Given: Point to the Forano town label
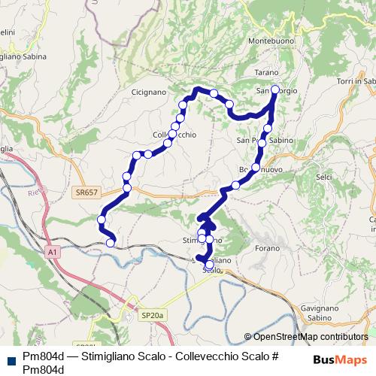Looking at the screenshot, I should pyautogui.click(x=266, y=247).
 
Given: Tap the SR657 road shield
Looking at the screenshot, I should pyautogui.click(x=86, y=193).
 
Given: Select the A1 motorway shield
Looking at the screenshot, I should pyautogui.click(x=51, y=253).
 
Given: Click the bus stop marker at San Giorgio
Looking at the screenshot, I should pyautogui.click(x=274, y=90).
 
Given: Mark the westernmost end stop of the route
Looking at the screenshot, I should pyautogui.click(x=102, y=219).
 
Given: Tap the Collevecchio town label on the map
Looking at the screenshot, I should pyautogui.click(x=174, y=135).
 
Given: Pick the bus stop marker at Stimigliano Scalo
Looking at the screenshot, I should pyautogui.click(x=208, y=265).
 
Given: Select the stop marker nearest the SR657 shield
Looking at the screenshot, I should pyautogui.click(x=126, y=187).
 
